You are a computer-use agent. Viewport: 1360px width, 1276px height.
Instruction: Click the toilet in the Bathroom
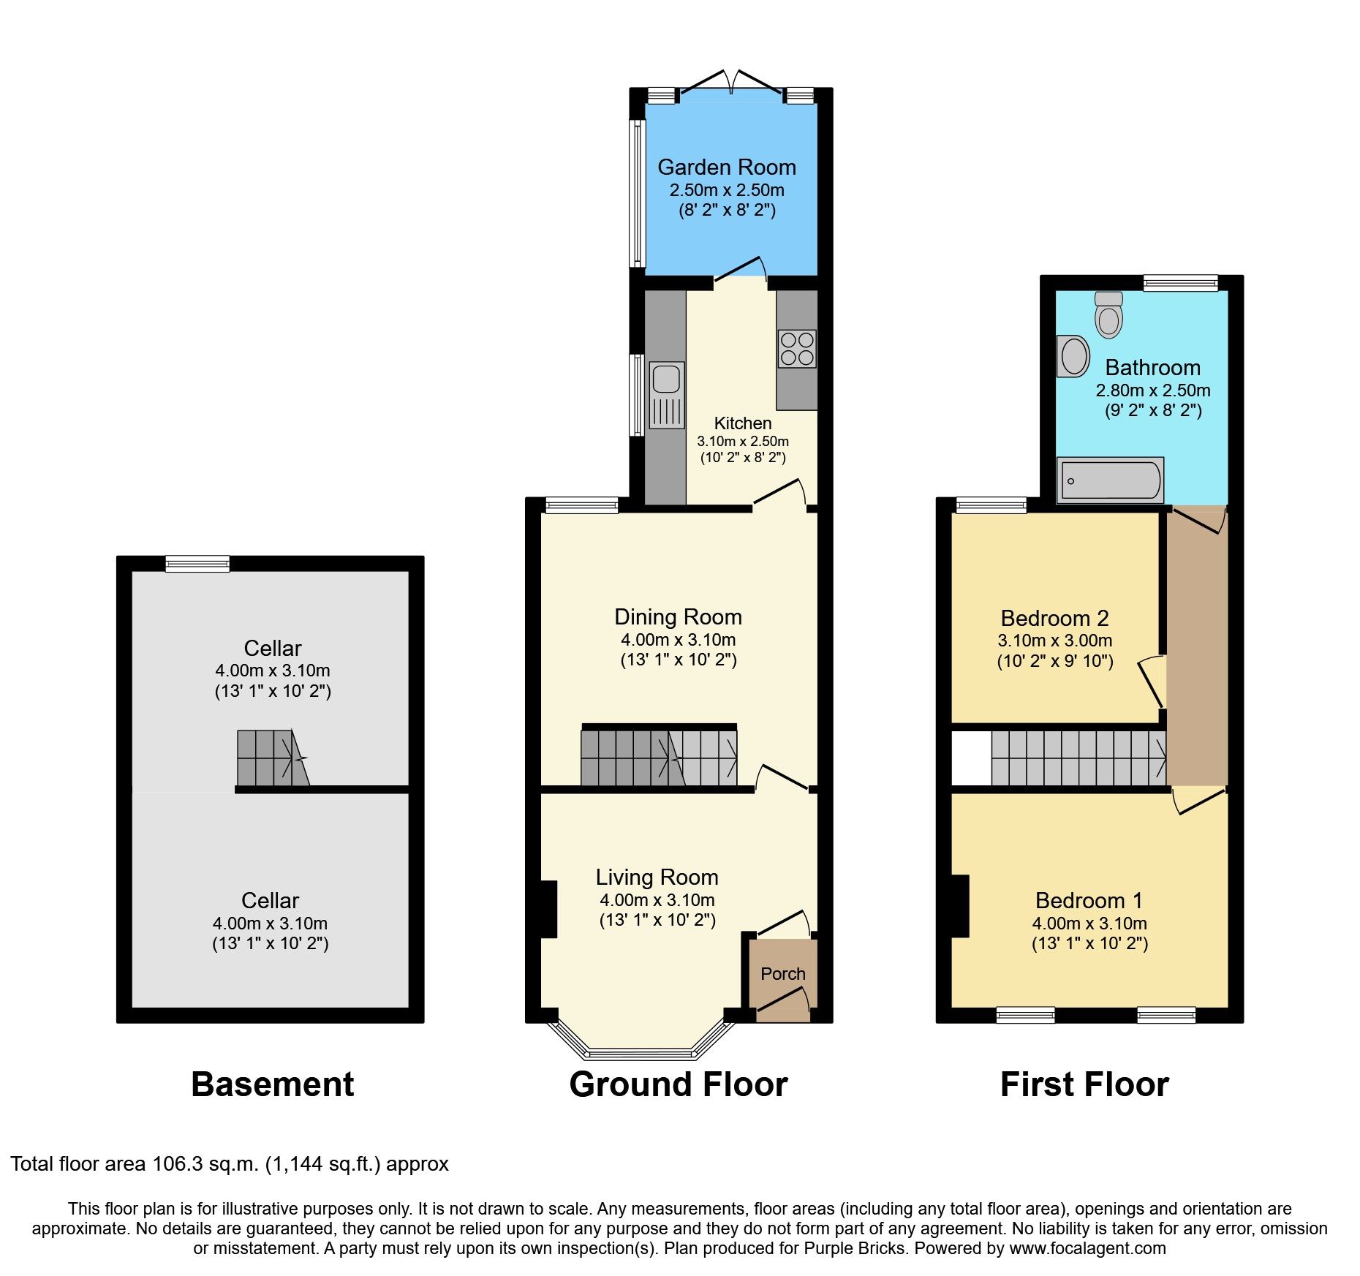point(1108,315)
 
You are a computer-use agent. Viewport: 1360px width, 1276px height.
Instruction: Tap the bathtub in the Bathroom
point(1110,480)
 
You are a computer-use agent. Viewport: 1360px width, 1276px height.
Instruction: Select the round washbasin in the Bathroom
point(1073,356)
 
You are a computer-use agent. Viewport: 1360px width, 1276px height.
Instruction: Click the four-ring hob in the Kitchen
point(797,349)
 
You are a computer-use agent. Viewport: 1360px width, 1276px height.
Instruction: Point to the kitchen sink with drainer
point(666,395)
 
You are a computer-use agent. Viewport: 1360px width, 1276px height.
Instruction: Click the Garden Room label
point(727,167)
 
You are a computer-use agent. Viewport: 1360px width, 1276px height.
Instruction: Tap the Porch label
point(782,974)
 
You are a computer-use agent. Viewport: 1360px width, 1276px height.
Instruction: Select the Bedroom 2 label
point(1054,619)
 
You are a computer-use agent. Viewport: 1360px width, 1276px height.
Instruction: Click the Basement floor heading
point(272,1084)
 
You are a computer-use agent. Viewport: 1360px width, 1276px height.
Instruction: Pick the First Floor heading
point(1084,1084)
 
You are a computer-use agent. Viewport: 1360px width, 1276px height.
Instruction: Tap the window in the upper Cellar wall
point(197,564)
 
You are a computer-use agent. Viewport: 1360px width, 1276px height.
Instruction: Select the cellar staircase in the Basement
point(271,758)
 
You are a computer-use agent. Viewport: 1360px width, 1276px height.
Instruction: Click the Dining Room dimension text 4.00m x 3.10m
point(678,640)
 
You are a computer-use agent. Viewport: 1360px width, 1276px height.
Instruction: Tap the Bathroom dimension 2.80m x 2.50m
point(1152,390)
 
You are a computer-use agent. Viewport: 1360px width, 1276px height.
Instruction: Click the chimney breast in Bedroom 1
point(960,906)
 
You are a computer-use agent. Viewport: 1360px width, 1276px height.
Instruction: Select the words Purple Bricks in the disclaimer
point(854,1249)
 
